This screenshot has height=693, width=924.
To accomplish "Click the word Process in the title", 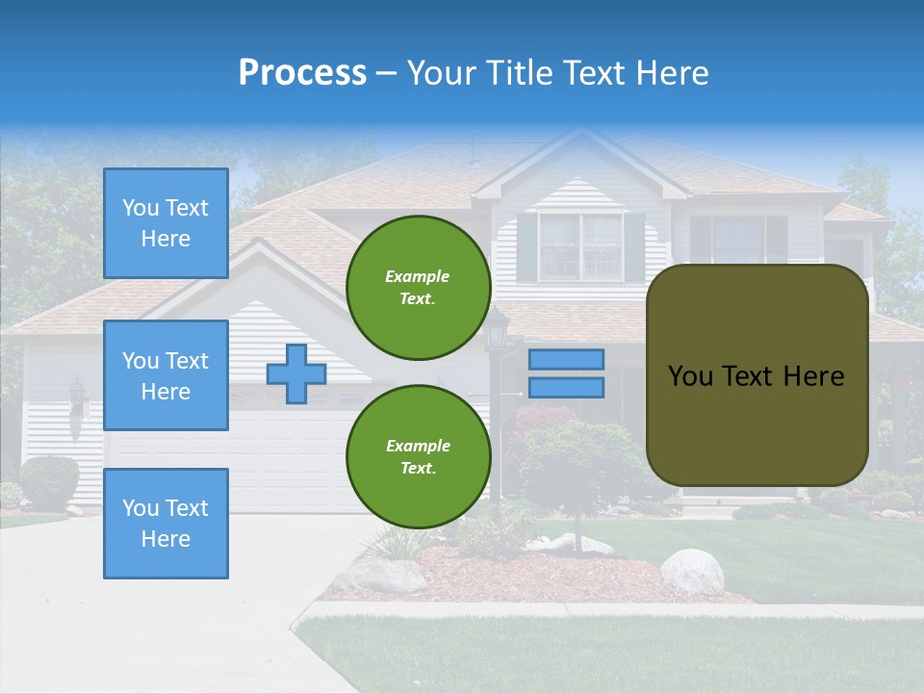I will (x=302, y=73).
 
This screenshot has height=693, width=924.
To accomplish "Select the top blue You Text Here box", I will (x=166, y=223).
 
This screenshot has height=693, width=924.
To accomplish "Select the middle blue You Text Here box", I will (x=166, y=375).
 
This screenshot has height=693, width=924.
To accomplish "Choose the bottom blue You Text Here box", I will (x=166, y=524).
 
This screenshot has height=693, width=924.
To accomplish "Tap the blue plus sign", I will (x=296, y=374).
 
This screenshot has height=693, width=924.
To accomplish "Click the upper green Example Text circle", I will (x=419, y=288).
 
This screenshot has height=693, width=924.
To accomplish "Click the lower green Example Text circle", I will (x=419, y=456).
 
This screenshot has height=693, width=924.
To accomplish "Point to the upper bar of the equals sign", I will (x=567, y=359).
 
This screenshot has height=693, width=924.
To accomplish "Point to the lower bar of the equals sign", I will (x=567, y=388).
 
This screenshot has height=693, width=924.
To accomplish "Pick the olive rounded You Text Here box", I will (x=757, y=375).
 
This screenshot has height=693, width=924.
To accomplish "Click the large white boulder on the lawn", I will (x=692, y=570).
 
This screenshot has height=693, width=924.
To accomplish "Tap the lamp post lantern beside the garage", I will (x=497, y=333).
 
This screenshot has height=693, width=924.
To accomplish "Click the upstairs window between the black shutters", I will (x=580, y=246).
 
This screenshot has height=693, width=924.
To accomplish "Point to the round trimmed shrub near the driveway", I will (x=49, y=480).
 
